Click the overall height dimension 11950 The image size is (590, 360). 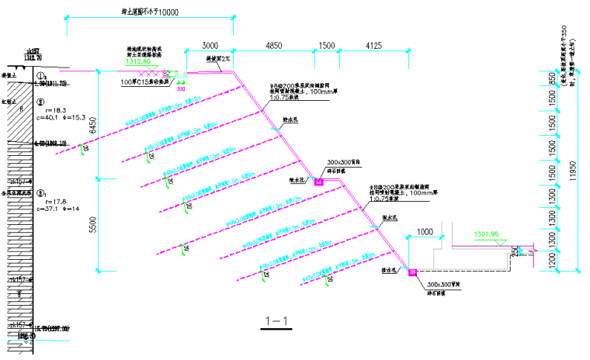(574, 171)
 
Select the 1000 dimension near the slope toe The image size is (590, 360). (425, 232)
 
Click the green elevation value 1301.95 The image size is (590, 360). (488, 234)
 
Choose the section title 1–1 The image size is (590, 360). (277, 320)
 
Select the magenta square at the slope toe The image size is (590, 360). (412, 272)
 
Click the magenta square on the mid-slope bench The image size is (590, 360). (318, 182)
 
